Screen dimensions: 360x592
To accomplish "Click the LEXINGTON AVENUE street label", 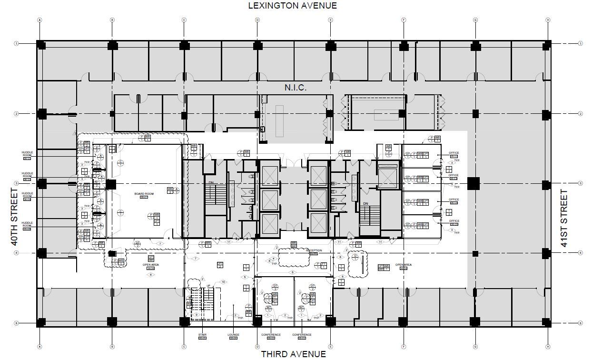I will tap(292, 6).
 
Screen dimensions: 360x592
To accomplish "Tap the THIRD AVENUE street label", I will tap(293, 354).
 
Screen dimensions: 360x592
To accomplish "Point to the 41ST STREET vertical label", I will tap(564, 218).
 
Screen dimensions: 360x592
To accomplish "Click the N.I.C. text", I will tap(296, 88).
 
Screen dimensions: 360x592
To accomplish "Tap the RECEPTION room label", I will tap(314, 250).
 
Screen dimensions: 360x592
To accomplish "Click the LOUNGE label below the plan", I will tap(233, 335).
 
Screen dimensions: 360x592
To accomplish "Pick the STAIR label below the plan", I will tap(203, 335).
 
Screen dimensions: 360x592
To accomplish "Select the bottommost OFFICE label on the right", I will tap(454, 221).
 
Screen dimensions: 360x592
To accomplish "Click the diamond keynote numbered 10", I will tap(223, 282).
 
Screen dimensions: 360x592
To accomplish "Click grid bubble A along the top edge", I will tap(40, 20).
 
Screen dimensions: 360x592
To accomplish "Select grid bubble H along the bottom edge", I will tap(548, 346).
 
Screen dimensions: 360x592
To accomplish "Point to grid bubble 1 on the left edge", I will tap(16, 43).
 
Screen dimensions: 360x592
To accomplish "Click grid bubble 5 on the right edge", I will tap(580, 323).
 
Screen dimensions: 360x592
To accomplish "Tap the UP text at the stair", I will tap(208, 286).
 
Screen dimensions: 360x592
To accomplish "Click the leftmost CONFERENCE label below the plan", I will tap(271, 335).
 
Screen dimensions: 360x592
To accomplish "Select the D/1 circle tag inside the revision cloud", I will tap(355, 258).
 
